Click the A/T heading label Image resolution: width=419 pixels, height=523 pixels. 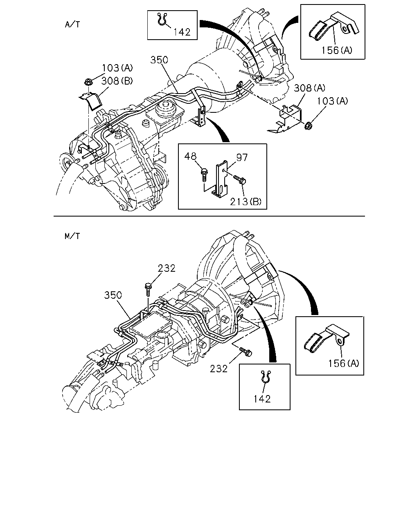click(x=72, y=25)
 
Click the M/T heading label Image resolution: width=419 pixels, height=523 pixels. click(x=72, y=236)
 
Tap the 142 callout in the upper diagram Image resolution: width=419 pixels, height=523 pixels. click(x=182, y=32)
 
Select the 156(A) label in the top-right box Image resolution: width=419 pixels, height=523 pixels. click(x=337, y=50)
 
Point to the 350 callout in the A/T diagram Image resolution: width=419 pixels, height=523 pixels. click(x=159, y=60)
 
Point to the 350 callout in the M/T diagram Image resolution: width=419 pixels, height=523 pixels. click(x=113, y=295)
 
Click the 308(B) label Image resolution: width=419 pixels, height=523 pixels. click(x=117, y=80)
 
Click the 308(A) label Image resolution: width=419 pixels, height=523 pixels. click(x=309, y=88)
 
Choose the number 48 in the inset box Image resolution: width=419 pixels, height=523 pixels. click(x=190, y=156)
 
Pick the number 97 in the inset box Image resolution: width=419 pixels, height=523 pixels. click(x=242, y=157)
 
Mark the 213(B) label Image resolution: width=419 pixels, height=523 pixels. click(x=246, y=201)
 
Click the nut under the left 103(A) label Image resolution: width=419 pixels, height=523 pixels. click(x=88, y=83)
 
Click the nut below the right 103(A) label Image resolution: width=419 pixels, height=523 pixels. click(x=308, y=125)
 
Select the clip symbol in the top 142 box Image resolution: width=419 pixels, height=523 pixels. click(x=162, y=19)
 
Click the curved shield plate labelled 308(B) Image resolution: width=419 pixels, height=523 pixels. click(x=91, y=101)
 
